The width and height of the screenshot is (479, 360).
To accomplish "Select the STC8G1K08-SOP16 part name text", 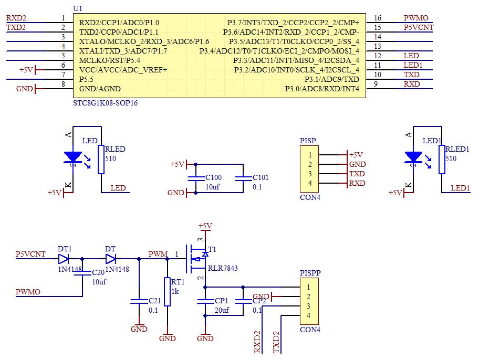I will coord(106,103).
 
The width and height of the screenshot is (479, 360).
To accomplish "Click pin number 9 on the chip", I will coord(376,84).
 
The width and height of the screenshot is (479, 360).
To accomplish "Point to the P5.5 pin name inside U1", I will coord(87,79).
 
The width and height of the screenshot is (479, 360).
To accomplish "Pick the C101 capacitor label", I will coord(261,177).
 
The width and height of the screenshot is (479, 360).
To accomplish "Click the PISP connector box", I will coord(310,169).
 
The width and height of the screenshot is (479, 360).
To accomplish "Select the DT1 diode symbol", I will coord(64,259).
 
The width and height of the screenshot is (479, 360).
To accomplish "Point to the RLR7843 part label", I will coord(223,268).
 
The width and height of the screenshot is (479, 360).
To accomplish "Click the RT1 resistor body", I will coord(167,291).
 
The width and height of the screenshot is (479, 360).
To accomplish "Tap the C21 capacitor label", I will coord(155,301).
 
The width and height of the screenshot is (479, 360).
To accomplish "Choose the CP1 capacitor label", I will coord(222,301).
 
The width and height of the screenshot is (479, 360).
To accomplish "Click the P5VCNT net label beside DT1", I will coord(31,254).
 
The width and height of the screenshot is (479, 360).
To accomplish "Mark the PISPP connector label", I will coord(310,273).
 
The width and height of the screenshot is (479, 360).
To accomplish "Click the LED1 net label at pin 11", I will coord(413,65).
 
